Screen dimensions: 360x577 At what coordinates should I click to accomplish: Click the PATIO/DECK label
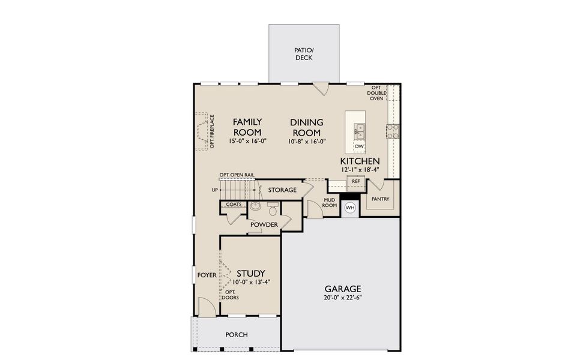pyautogui.click(x=304, y=54)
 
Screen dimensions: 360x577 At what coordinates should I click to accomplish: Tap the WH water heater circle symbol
pyautogui.click(x=350, y=208)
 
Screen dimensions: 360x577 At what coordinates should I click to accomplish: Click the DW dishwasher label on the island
pyautogui.click(x=359, y=146)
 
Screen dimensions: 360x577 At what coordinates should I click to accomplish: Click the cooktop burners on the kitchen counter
pyautogui.click(x=393, y=131)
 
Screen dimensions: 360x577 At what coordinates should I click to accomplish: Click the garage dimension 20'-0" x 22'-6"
pyautogui.click(x=342, y=298)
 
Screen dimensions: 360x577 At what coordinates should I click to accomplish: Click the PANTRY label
pyautogui.click(x=381, y=199)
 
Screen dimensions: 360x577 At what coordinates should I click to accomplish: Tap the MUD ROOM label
pyautogui.click(x=330, y=202)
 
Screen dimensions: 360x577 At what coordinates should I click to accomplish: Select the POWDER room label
pyautogui.click(x=264, y=225)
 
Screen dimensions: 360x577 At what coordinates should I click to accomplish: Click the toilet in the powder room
pyautogui.click(x=273, y=210)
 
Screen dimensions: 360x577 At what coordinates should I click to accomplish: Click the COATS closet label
pyautogui.click(x=234, y=205)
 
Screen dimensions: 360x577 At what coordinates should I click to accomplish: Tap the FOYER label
pyautogui.click(x=207, y=275)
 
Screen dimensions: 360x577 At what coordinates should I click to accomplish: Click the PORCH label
pyautogui.click(x=237, y=335)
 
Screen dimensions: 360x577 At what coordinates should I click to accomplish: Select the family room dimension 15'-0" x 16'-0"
pyautogui.click(x=247, y=142)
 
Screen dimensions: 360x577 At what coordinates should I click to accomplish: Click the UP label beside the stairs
pyautogui.click(x=214, y=190)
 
